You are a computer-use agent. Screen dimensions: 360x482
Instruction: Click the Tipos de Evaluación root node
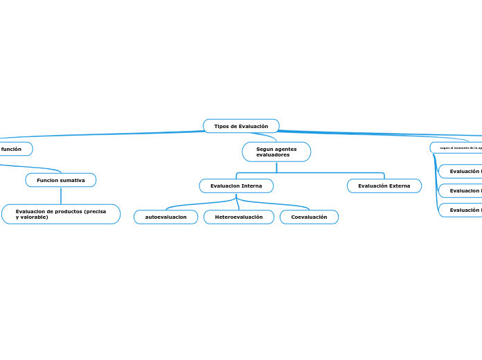pyautogui.click(x=241, y=126)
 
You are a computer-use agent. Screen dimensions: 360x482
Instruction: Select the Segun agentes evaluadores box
pyautogui.click(x=276, y=152)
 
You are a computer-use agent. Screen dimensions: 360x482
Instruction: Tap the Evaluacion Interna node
pyautogui.click(x=236, y=186)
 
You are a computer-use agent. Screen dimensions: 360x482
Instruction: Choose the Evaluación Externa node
pyautogui.click(x=384, y=186)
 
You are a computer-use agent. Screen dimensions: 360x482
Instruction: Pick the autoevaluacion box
pyautogui.click(x=166, y=217)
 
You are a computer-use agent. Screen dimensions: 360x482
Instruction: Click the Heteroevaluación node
pyautogui.click(x=239, y=217)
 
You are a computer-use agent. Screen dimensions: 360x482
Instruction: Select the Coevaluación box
pyautogui.click(x=309, y=217)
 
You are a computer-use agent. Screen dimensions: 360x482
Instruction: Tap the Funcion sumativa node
pyautogui.click(x=61, y=180)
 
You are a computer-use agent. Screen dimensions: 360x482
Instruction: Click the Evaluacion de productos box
pyautogui.click(x=61, y=214)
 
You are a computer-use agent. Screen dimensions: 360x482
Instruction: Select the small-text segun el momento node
pyautogui.click(x=457, y=147)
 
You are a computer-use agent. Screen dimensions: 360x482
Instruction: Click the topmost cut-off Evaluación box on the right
pyautogui.click(x=463, y=171)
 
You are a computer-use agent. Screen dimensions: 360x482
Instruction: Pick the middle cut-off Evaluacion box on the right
pyautogui.click(x=463, y=190)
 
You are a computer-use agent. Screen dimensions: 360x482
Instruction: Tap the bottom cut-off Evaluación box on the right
pyautogui.click(x=463, y=210)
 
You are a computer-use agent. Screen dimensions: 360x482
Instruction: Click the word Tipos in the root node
pyautogui.click(x=221, y=126)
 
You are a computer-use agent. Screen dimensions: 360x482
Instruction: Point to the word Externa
pyautogui.click(x=398, y=186)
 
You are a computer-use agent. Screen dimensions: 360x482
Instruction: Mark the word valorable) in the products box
pyautogui.click(x=35, y=217)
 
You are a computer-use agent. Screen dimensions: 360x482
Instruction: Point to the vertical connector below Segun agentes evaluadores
pyautogui.click(x=276, y=167)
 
